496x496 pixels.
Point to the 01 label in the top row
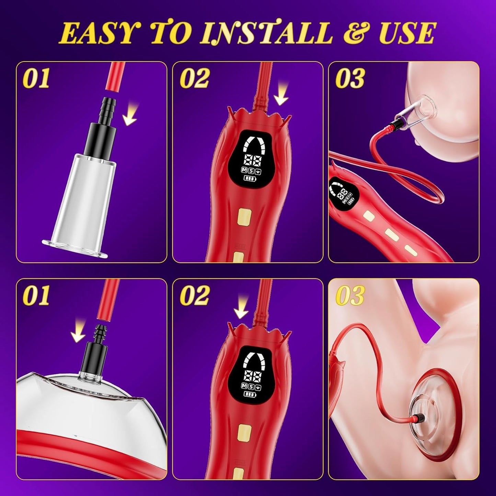tap(36, 78)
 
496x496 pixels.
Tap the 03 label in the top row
tap(350, 78)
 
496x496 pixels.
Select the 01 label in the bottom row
tap(36, 296)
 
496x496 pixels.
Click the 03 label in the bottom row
tap(350, 296)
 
